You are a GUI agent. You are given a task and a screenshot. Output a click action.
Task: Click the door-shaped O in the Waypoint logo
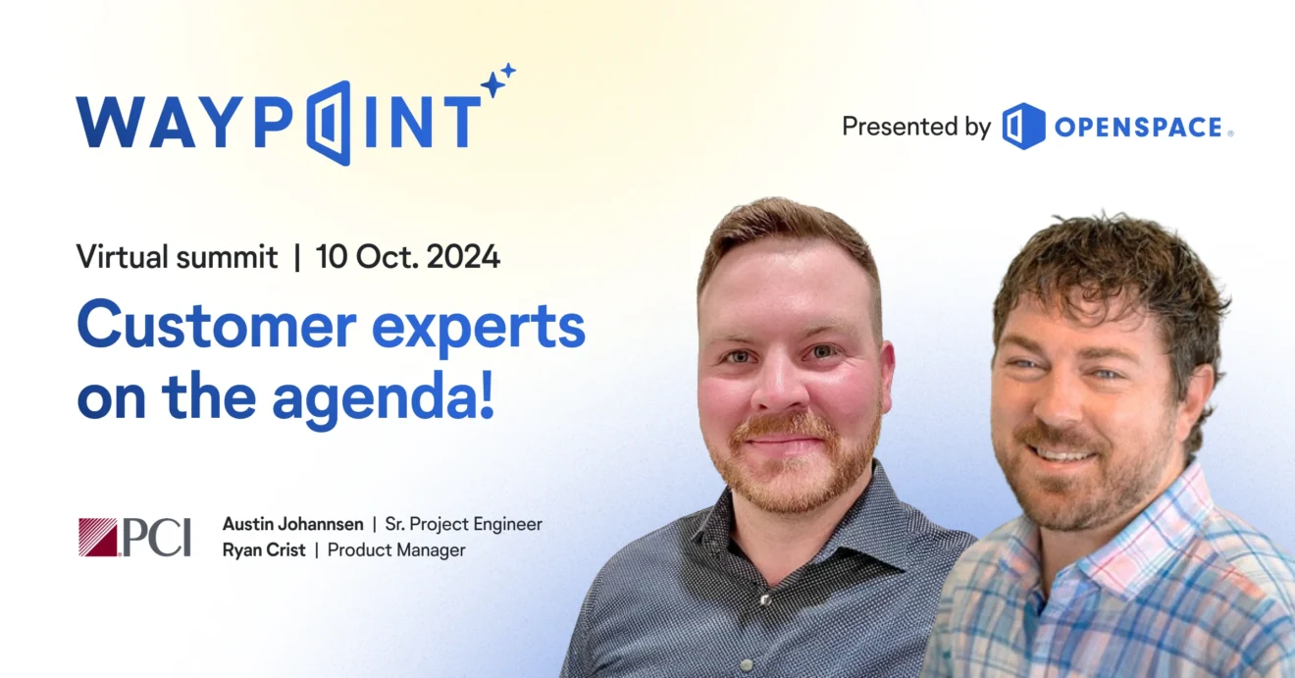(329, 123)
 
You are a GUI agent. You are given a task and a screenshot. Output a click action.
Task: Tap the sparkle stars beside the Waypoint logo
(497, 80)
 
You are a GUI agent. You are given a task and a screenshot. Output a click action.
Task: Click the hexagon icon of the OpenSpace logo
(1023, 126)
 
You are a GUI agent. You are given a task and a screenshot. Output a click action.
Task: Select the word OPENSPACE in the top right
(1138, 128)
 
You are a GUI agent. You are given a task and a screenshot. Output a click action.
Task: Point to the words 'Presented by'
(916, 127)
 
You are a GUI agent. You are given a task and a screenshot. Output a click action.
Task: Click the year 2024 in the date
(463, 257)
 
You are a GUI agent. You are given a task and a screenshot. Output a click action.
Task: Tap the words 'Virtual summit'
(177, 257)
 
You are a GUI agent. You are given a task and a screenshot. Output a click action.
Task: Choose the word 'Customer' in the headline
(216, 324)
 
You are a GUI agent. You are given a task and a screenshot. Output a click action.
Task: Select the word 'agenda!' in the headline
(384, 398)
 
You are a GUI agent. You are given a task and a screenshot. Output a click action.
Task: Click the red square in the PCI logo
(98, 537)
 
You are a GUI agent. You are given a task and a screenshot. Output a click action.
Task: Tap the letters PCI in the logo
(156, 538)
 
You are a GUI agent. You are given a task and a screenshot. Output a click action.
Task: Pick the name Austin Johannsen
(293, 524)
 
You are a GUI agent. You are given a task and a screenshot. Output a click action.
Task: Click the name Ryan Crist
(264, 550)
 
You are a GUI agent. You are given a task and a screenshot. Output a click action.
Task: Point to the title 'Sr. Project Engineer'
(464, 525)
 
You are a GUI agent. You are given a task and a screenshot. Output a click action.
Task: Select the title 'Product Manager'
(396, 550)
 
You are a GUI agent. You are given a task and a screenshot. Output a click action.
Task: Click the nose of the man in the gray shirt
(781, 385)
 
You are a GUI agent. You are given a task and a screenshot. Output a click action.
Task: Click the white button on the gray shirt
(765, 600)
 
